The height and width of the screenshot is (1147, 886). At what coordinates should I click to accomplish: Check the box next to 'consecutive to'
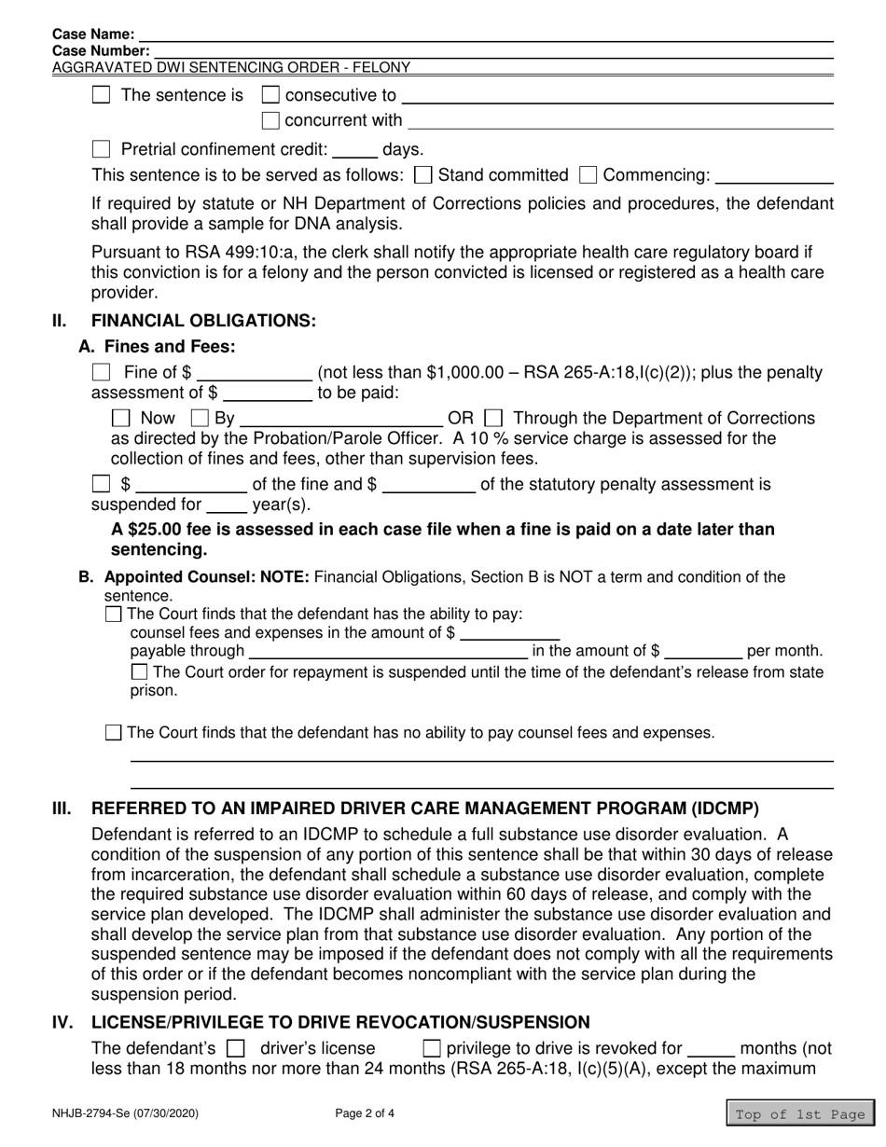point(270,95)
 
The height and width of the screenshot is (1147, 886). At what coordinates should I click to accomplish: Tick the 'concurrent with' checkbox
point(270,120)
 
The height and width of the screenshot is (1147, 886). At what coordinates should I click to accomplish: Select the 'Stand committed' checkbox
point(422,175)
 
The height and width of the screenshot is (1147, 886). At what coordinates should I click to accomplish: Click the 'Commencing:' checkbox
point(588,175)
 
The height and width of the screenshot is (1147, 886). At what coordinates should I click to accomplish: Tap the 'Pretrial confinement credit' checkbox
point(103,149)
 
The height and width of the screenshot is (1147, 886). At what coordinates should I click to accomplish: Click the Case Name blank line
point(485,35)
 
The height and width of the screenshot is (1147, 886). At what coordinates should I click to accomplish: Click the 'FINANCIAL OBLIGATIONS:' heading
point(203,321)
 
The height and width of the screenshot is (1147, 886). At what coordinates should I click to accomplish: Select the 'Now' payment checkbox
point(120,419)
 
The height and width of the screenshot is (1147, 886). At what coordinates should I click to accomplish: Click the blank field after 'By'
point(341,420)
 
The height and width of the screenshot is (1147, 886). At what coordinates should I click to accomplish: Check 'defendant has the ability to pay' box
point(114,614)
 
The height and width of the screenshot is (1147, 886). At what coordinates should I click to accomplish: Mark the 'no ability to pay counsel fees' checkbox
point(114,733)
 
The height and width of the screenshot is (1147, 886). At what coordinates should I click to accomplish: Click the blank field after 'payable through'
point(387,652)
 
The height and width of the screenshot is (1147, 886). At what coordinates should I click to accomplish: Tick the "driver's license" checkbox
point(236,1048)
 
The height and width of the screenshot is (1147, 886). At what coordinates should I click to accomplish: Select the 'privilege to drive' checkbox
point(432,1048)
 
